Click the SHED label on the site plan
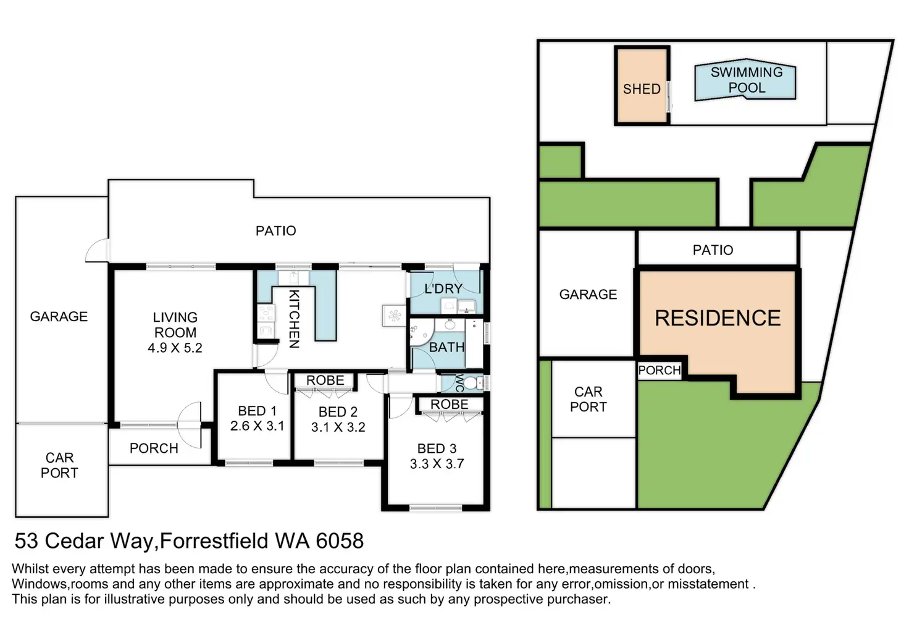tap(642, 89)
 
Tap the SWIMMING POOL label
tap(747, 80)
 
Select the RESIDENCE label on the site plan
tap(718, 318)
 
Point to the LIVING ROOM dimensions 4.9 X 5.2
tap(175, 348)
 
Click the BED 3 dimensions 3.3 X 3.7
tap(437, 464)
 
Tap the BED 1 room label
tap(258, 411)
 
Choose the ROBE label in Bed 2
tap(325, 380)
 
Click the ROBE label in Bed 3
tap(449, 405)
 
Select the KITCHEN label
tap(294, 319)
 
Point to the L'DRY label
tap(443, 288)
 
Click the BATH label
tap(446, 348)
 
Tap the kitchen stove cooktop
tap(266, 314)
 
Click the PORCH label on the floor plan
tap(154, 448)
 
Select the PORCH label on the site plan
tap(660, 370)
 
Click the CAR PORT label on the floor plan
tap(59, 465)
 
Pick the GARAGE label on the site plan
tap(588, 294)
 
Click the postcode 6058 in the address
tap(340, 540)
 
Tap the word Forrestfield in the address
tap(214, 540)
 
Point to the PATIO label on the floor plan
tap(276, 231)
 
